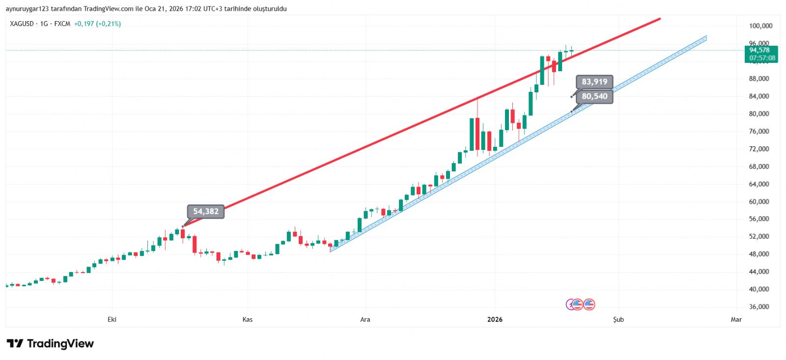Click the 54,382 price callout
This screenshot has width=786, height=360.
coord(205,212)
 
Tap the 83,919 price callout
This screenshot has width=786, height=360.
coord(594,82)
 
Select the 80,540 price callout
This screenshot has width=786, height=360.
coord(594,96)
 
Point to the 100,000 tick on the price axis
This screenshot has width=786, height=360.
coord(760,26)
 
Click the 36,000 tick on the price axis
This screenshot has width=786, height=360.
coord(759,307)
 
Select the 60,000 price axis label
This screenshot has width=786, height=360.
coord(759,201)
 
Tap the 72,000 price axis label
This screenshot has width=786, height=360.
coord(759,149)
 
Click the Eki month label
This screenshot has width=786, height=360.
coord(112,320)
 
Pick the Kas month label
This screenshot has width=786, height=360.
coord(248,320)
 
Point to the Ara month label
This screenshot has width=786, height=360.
coord(365,320)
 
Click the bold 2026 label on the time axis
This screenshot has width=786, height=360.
coord(495,320)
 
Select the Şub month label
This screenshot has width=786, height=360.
coord(618,320)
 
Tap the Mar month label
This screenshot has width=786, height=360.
coord(736,320)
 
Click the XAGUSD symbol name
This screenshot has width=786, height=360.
coord(22,24)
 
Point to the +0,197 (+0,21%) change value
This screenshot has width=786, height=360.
coord(97,24)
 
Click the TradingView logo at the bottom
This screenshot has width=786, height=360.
coord(50,344)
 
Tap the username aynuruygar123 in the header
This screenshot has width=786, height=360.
coord(28,9)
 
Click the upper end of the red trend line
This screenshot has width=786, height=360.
coord(659,19)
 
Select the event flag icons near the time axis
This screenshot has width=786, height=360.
coord(580,305)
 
